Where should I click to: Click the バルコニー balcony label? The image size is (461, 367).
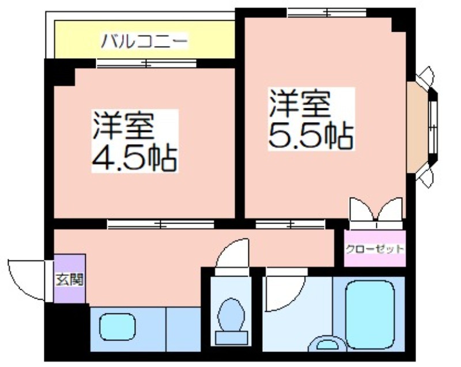143,41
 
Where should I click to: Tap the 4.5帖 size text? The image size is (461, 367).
135,159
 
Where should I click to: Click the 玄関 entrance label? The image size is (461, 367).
70,279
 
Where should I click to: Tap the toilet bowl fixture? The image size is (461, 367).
232,321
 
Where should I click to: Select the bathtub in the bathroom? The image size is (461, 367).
370,315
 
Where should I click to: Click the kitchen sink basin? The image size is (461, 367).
118,327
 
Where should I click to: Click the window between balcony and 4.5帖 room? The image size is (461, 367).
146,63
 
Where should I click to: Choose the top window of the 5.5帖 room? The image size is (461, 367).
327,13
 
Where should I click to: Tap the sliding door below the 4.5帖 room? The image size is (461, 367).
161,224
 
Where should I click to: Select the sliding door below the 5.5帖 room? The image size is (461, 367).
290,224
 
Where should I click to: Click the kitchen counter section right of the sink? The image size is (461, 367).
183,329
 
